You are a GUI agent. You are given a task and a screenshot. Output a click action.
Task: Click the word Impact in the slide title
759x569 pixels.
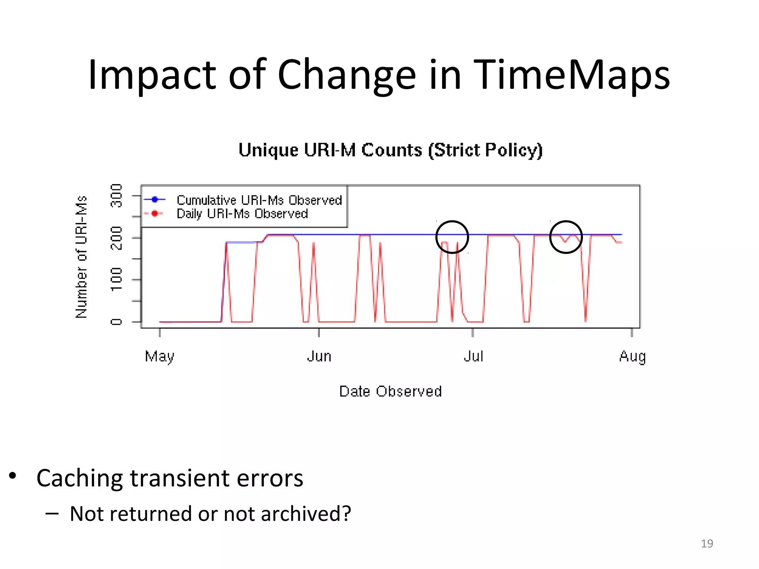[x=151, y=75]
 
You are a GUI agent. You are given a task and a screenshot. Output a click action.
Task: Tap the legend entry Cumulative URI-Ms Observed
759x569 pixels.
[x=259, y=200]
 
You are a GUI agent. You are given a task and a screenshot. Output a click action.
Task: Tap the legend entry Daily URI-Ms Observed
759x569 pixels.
[x=242, y=214]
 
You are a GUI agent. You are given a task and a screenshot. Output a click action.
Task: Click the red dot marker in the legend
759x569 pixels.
[x=155, y=213]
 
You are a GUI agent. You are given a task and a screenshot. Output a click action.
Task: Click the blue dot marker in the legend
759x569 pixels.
[x=155, y=200]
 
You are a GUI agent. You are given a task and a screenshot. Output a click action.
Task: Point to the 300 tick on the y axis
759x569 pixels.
[x=116, y=196]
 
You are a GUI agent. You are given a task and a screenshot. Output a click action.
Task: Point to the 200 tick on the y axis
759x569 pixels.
[x=116, y=237]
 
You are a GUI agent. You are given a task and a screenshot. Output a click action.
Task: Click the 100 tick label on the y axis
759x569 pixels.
[x=116, y=279]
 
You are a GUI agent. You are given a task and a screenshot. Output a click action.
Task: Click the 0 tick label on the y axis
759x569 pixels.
[x=116, y=322]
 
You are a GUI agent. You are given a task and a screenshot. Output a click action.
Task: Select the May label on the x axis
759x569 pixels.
[x=159, y=356]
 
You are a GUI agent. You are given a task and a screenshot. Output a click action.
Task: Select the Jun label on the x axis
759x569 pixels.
[x=319, y=356]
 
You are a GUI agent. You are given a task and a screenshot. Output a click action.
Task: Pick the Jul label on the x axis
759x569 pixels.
[x=473, y=356]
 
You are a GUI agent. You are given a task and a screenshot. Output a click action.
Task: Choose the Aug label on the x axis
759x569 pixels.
[x=632, y=356]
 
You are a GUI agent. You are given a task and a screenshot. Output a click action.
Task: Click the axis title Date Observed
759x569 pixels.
[x=390, y=392]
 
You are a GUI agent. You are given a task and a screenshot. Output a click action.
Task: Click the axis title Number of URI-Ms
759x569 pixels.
[x=81, y=257]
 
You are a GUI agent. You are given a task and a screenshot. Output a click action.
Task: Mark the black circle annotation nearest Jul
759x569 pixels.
[x=452, y=237]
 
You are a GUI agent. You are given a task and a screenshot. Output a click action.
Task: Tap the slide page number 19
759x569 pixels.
[x=707, y=543]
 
